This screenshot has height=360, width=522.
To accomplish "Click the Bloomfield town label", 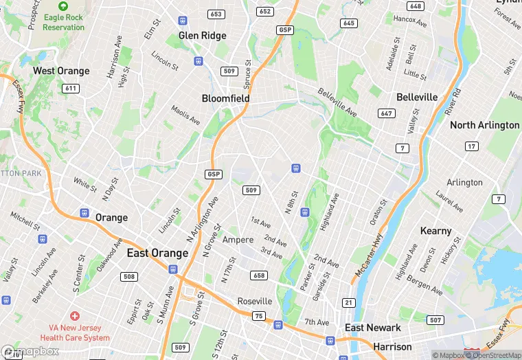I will [x=225, y=98].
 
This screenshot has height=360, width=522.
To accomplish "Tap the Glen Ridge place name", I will [x=202, y=35].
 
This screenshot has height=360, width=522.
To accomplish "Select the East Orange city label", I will [x=157, y=253].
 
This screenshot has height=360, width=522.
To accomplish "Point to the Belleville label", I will [x=417, y=97].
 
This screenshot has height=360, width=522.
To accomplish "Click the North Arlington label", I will [x=484, y=125].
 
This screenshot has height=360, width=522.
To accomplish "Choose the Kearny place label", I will [x=435, y=231].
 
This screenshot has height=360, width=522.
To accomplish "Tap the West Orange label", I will [x=61, y=71].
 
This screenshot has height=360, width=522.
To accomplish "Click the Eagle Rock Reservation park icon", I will [x=63, y=5].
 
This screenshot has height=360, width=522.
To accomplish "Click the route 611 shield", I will [x=69, y=88].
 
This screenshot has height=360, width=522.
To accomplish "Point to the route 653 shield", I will [x=216, y=14].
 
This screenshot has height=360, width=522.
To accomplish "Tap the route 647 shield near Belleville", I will [x=386, y=113].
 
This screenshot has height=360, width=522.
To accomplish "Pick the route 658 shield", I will [x=259, y=275].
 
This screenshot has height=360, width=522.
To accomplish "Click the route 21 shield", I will [x=349, y=303].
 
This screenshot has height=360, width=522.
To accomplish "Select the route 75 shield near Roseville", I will [x=258, y=315].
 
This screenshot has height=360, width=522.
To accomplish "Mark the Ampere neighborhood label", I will [x=238, y=240].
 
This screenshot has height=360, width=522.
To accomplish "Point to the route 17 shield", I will [x=471, y=146].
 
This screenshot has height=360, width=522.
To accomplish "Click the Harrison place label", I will [x=392, y=346].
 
